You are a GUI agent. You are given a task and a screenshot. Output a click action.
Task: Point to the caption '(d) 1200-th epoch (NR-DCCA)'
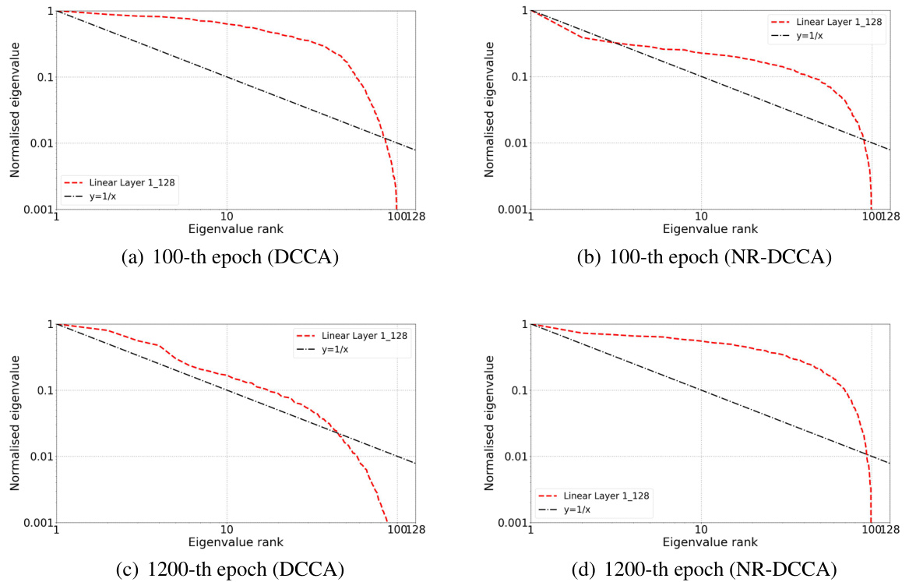point(709,570)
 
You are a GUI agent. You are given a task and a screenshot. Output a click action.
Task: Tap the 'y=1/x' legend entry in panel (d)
point(577,510)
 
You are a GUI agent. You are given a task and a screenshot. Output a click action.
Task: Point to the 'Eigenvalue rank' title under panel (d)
point(710,542)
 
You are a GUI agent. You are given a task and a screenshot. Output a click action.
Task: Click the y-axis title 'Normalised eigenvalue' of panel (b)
point(490,110)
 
